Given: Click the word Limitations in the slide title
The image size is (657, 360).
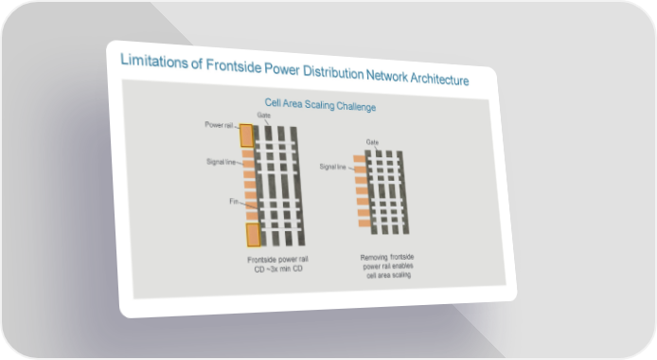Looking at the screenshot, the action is click(x=154, y=62).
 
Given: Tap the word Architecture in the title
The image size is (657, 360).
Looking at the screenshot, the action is click(x=439, y=79).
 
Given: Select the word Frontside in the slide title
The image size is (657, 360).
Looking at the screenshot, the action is click(x=234, y=65).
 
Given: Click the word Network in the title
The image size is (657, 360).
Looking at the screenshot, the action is click(x=387, y=76).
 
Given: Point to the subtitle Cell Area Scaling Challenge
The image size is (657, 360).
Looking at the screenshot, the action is click(x=320, y=105).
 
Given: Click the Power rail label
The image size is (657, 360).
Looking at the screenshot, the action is click(x=219, y=125).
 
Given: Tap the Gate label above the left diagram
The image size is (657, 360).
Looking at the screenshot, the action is click(x=263, y=115).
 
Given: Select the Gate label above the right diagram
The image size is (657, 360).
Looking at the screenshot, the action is click(x=372, y=142).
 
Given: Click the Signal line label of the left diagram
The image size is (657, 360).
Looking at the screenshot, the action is click(x=221, y=162).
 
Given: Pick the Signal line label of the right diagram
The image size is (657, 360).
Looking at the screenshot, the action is click(x=332, y=167).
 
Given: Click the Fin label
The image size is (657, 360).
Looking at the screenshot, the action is click(x=234, y=202).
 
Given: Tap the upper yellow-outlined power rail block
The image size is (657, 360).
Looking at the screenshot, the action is click(x=246, y=135).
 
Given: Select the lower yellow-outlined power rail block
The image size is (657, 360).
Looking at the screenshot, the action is click(x=253, y=235).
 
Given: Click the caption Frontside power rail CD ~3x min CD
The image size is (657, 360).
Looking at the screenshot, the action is click(x=278, y=264).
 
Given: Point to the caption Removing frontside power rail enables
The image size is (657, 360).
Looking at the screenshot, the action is click(x=387, y=261).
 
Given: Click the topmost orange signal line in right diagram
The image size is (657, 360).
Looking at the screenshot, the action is click(x=360, y=159).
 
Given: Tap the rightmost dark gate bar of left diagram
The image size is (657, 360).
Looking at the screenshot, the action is click(x=297, y=186).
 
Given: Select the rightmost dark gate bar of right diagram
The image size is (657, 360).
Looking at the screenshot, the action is click(x=403, y=192).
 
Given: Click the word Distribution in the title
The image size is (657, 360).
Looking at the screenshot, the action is click(x=333, y=72).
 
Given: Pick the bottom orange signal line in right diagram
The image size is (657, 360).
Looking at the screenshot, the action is click(x=364, y=224).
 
